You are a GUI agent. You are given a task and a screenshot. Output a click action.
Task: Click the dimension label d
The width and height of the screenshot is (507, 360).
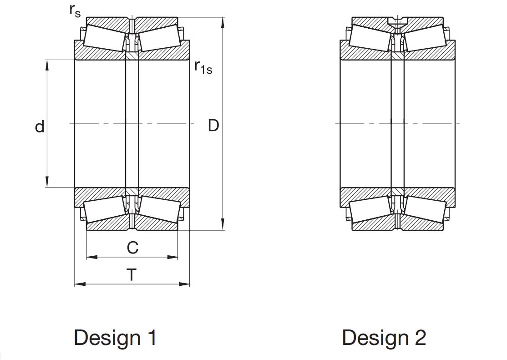(40, 127)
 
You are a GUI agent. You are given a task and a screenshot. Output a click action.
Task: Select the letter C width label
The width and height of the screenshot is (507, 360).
(132, 248)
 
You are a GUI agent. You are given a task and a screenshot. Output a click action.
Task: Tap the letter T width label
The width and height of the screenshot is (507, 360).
(132, 274)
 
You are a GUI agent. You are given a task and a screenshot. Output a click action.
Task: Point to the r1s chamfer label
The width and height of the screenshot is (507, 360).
(203, 67)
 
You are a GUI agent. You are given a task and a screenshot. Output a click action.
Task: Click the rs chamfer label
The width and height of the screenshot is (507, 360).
(75, 10)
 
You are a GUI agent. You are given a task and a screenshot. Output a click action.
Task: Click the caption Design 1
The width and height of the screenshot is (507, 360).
(116, 338)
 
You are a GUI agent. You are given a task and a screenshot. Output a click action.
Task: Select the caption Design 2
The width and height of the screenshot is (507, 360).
(384, 338)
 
